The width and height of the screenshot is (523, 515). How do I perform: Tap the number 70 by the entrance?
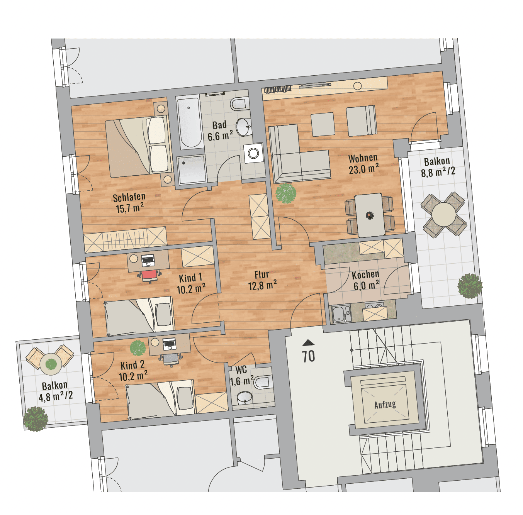(309, 356)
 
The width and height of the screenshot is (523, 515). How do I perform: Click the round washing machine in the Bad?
(253, 153)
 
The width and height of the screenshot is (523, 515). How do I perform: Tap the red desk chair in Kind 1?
(149, 275)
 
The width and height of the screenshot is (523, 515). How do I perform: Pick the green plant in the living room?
(286, 193)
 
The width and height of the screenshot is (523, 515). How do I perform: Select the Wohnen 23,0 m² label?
(363, 164)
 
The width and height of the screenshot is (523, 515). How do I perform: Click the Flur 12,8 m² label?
(262, 280)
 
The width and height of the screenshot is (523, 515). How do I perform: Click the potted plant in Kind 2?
(138, 348)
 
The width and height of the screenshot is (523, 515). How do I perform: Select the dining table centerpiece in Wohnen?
(369, 215)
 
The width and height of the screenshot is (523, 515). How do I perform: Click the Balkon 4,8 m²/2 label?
(56, 391)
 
